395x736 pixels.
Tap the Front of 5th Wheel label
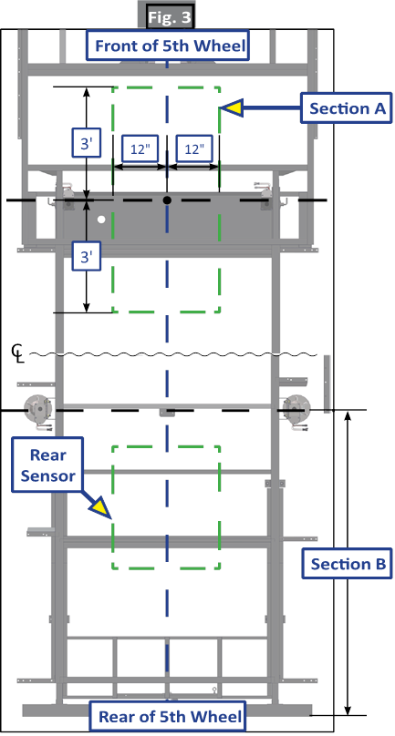[167, 46]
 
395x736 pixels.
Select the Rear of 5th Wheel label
[167, 716]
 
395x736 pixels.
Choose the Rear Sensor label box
[47, 465]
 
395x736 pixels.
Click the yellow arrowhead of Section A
[232, 108]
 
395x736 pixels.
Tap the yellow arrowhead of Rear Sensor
[99, 509]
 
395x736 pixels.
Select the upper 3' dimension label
[86, 144]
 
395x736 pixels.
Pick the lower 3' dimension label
[86, 256]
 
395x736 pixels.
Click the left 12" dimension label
[140, 148]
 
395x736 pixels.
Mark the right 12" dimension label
[194, 148]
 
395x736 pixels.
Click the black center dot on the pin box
[167, 200]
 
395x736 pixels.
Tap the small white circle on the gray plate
[100, 220]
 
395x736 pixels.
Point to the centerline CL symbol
[19, 352]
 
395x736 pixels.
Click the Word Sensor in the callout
[49, 475]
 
